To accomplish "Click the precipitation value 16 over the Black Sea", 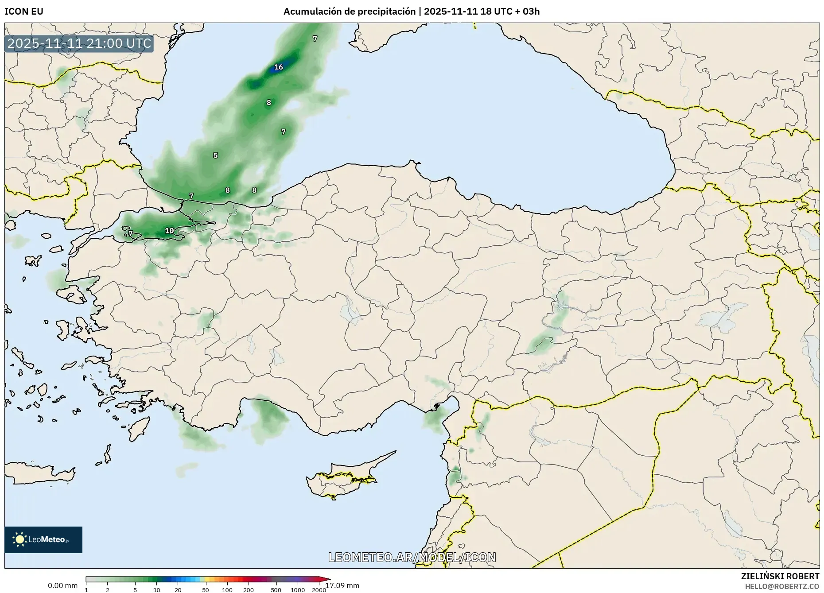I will click(x=278, y=67).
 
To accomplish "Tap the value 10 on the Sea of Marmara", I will click(x=169, y=231).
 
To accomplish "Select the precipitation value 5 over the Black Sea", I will click(x=215, y=155).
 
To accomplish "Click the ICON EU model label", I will click(x=24, y=12).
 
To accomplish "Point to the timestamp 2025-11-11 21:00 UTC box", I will click(x=79, y=44).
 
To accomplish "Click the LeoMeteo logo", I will click(x=43, y=539).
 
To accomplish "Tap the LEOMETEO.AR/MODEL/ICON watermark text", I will click(x=412, y=557).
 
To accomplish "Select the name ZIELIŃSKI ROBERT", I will click(x=780, y=576).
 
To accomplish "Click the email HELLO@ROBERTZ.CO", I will click(x=782, y=586).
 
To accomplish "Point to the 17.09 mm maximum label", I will click(x=342, y=585).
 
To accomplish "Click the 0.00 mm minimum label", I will click(x=62, y=585).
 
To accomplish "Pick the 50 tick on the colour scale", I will click(x=206, y=589).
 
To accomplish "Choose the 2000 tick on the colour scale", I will click(x=319, y=589).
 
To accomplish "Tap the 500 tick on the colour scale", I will click(x=276, y=589).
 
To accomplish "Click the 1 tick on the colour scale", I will click(x=86, y=589).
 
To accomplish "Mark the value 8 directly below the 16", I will click(x=268, y=103).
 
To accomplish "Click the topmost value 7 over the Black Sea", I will click(x=315, y=39).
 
